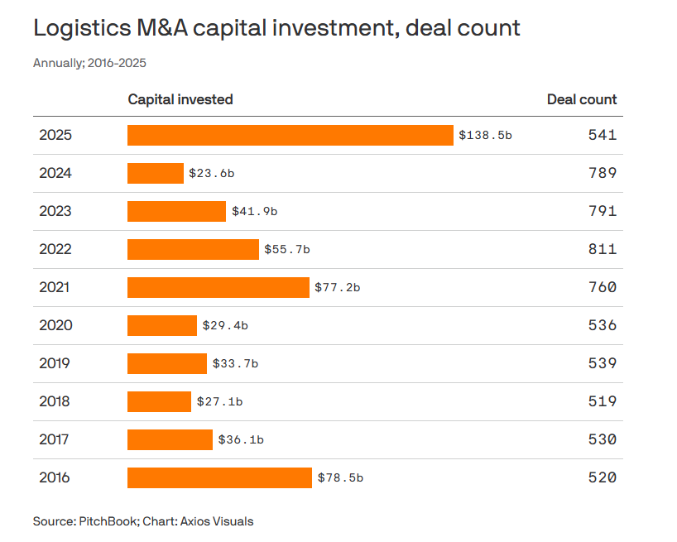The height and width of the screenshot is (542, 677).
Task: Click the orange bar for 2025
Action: coord(290,135)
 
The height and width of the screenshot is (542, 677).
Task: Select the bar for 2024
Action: coord(156,173)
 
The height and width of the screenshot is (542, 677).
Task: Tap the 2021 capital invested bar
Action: coord(218,287)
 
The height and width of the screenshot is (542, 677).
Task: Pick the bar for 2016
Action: coord(219,477)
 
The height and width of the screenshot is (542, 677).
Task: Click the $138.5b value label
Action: coord(486,135)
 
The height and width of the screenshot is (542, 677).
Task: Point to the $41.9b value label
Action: coord(254,211)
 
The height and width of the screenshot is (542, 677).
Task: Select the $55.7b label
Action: coord(287,249)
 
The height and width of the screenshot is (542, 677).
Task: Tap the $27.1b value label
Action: coord(219,401)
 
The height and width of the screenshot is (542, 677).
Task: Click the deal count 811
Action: coord(603,249)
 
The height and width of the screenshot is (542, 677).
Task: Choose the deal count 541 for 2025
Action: coord(603,135)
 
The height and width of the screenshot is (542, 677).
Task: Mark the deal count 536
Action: coord(603,325)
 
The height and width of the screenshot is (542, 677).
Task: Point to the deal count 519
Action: coord(603,401)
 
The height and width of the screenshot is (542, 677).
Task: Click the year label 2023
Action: coord(55,211)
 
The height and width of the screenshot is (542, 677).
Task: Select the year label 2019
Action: coord(55,363)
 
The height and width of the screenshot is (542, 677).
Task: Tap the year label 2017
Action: coord(55,439)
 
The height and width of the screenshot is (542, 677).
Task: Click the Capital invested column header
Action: coord(180,99)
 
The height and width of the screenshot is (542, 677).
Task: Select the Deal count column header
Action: coord(582,99)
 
